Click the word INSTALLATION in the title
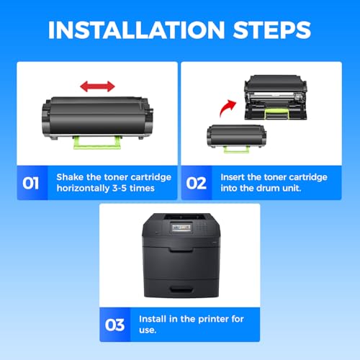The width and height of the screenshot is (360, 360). coord(136,30)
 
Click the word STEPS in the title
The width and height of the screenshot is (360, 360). coord(272,30)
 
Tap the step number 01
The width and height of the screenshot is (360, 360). coord(30,184)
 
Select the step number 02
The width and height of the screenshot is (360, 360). coord(197,184)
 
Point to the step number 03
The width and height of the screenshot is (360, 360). coord(114,325)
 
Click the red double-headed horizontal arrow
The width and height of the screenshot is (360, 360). coord(97,86)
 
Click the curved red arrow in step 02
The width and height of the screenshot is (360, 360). coord(228,107)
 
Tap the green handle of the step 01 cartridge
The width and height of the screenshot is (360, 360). coord(97,143)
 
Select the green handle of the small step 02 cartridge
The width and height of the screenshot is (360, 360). coord(236,149)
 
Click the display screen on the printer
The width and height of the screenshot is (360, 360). coord(181,228)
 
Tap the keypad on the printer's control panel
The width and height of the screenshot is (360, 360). coord(202,226)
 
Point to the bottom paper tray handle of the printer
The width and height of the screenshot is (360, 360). coord(181,289)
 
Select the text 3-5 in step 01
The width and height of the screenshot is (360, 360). coord(120,188)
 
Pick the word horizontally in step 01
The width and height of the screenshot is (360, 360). coord(83,189)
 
